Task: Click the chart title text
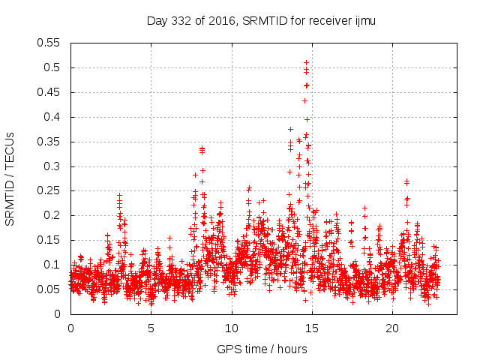click(260, 21)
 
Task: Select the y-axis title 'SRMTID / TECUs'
click(10, 178)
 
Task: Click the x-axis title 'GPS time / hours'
click(262, 349)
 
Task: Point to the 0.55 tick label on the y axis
click(50, 43)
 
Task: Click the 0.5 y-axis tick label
click(53, 67)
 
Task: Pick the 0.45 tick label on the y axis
click(50, 92)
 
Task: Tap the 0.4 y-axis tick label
click(53, 117)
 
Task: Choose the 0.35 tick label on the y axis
click(50, 142)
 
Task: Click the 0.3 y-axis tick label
click(53, 166)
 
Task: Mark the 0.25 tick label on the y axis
click(50, 190)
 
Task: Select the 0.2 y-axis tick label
click(53, 215)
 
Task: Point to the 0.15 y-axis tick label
click(50, 240)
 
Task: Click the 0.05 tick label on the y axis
click(50, 289)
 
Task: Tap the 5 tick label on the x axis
click(151, 328)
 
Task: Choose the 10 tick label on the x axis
click(232, 328)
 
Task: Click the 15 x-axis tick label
click(312, 328)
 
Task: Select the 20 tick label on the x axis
click(392, 328)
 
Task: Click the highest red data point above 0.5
click(306, 62)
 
